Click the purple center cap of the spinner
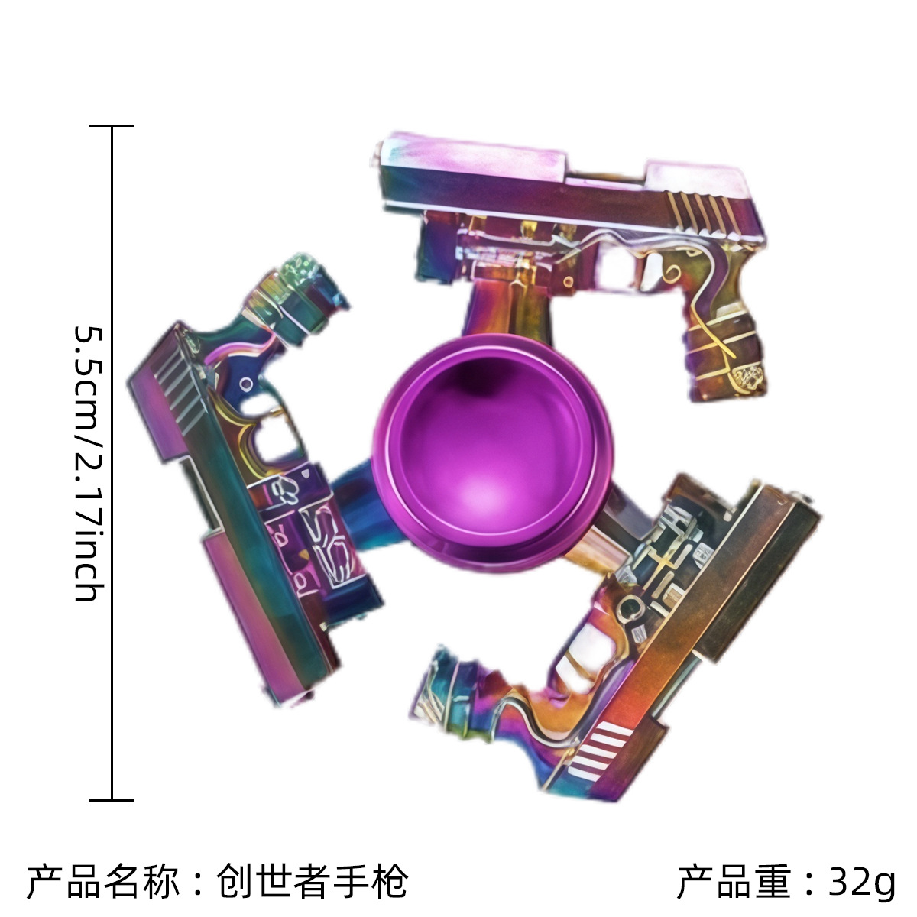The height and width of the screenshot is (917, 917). tap(493, 452)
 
